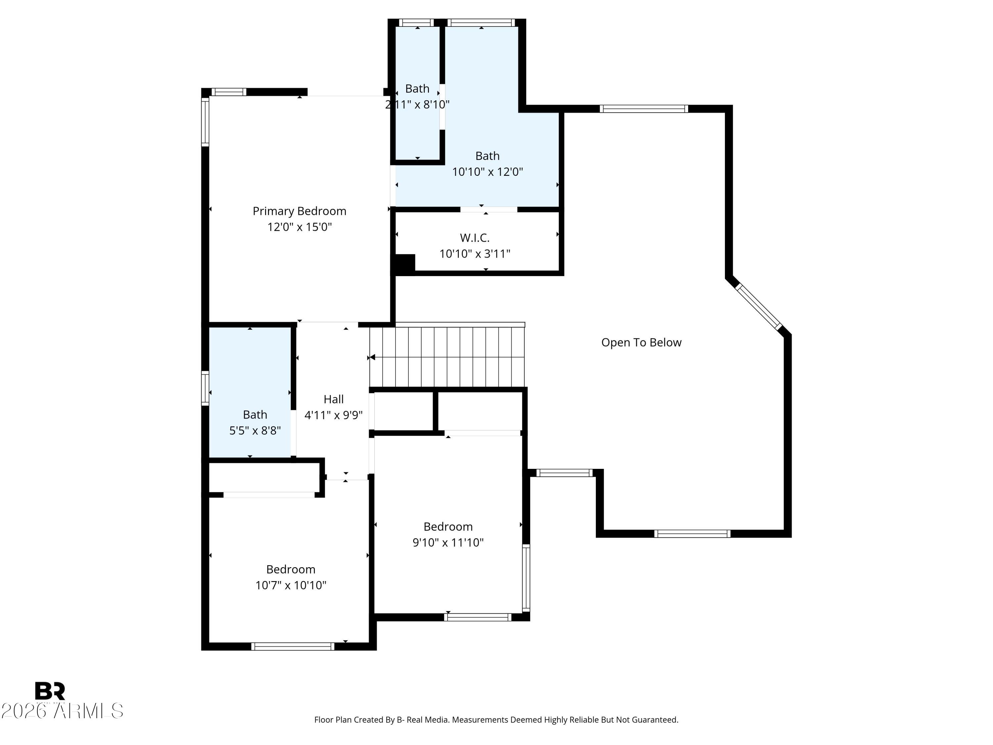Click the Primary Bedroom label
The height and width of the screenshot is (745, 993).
tap(300, 211)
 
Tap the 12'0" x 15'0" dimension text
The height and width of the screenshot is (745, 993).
tap(300, 227)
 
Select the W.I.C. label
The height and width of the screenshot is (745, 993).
tap(475, 237)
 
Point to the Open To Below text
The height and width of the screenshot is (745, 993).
tap(641, 342)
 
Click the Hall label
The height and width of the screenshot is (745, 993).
tap(334, 399)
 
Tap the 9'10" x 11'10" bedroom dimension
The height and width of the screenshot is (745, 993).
tap(448, 542)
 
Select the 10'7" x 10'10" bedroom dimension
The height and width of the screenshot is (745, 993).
tap(291, 585)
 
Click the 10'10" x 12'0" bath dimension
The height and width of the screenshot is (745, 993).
tap(487, 172)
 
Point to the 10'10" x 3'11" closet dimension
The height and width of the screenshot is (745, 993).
tap(475, 254)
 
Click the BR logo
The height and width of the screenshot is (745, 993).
tap(50, 691)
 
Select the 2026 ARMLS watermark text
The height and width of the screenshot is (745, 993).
tap(62, 711)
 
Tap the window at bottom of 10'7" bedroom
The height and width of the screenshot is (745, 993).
tap(293, 646)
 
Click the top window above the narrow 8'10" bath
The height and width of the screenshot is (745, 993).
tap(417, 23)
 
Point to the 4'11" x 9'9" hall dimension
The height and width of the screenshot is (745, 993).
tap(334, 415)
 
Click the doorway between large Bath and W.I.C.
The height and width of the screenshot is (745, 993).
tap(489, 209)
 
